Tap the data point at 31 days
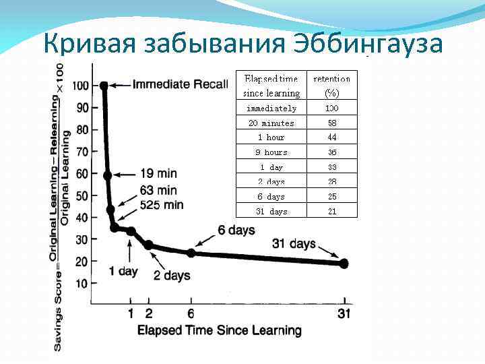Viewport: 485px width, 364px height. (x=344, y=264)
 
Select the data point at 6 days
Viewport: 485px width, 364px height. (x=191, y=253)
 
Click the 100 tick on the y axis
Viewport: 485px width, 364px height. (x=80, y=86)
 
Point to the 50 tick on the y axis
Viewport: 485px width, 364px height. (x=80, y=195)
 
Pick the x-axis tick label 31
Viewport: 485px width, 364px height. (x=345, y=313)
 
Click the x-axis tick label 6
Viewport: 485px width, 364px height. (x=191, y=313)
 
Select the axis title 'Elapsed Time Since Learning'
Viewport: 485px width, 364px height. (x=219, y=330)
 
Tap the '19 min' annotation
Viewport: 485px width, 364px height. (x=159, y=173)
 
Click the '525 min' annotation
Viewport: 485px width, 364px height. (x=162, y=204)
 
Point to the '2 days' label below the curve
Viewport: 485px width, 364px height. (x=172, y=275)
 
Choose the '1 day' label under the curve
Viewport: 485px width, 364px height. (x=123, y=271)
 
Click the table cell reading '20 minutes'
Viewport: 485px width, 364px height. (x=271, y=123)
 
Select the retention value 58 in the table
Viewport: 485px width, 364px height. (x=332, y=123)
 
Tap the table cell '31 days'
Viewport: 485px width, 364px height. (x=271, y=212)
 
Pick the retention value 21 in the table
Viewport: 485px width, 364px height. (x=332, y=212)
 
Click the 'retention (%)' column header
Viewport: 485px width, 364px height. (x=332, y=86)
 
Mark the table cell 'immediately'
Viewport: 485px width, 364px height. (x=271, y=109)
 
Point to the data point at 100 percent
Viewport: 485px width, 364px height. (x=104, y=86)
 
